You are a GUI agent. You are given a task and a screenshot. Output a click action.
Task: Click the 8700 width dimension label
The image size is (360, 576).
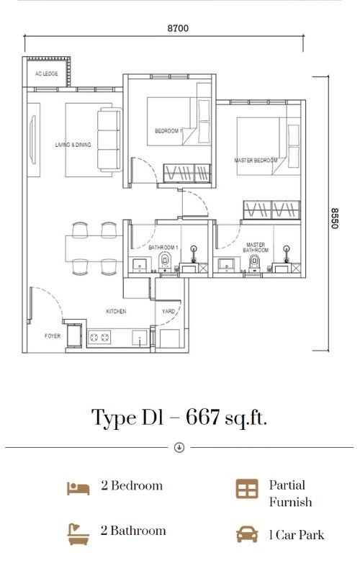pyautogui.click(x=178, y=28)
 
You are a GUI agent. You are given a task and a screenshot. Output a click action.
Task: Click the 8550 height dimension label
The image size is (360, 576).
pyautogui.click(x=334, y=218)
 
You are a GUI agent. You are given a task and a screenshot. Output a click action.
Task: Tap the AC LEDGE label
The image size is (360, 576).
pyautogui.click(x=47, y=74)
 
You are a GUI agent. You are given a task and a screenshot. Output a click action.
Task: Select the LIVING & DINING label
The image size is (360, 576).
pyautogui.click(x=73, y=145)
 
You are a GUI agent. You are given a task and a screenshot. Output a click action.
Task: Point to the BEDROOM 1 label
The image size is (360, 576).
pyautogui.click(x=168, y=131)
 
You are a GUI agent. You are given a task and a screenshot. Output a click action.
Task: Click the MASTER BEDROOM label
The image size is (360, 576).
pyautogui.click(x=256, y=161)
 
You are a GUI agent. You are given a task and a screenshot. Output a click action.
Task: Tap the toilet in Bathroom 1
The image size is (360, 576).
pyautogui.click(x=165, y=261)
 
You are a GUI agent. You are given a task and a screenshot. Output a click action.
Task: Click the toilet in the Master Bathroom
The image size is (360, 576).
pyautogui.click(x=254, y=262)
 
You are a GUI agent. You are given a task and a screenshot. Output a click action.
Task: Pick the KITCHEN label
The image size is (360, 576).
pyautogui.click(x=116, y=311)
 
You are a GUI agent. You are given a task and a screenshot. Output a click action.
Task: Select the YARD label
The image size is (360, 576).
pyautogui.click(x=168, y=311)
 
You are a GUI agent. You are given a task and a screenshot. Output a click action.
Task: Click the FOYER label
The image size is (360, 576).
pyautogui.click(x=53, y=336)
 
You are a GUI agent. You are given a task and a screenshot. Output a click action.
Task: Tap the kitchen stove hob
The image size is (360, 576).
pyautogui.click(x=99, y=337)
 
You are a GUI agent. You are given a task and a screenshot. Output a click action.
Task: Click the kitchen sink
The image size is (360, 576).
pyautogui.click(x=140, y=338)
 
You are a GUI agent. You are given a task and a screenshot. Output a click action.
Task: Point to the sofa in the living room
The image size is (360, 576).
pyautogui.click(x=109, y=139)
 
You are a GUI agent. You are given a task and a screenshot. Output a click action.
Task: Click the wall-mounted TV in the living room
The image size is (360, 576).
pyautogui.click(x=32, y=140)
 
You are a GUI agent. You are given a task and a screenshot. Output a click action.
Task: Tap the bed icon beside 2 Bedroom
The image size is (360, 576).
pyautogui.click(x=78, y=489)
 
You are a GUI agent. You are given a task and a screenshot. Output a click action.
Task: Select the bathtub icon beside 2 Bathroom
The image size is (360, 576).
pyautogui.click(x=78, y=534)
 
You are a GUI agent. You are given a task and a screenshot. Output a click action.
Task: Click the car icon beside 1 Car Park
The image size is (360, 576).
pyautogui.click(x=247, y=534)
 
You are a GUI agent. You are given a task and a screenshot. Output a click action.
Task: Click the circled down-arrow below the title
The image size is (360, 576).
pyautogui.click(x=179, y=447)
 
